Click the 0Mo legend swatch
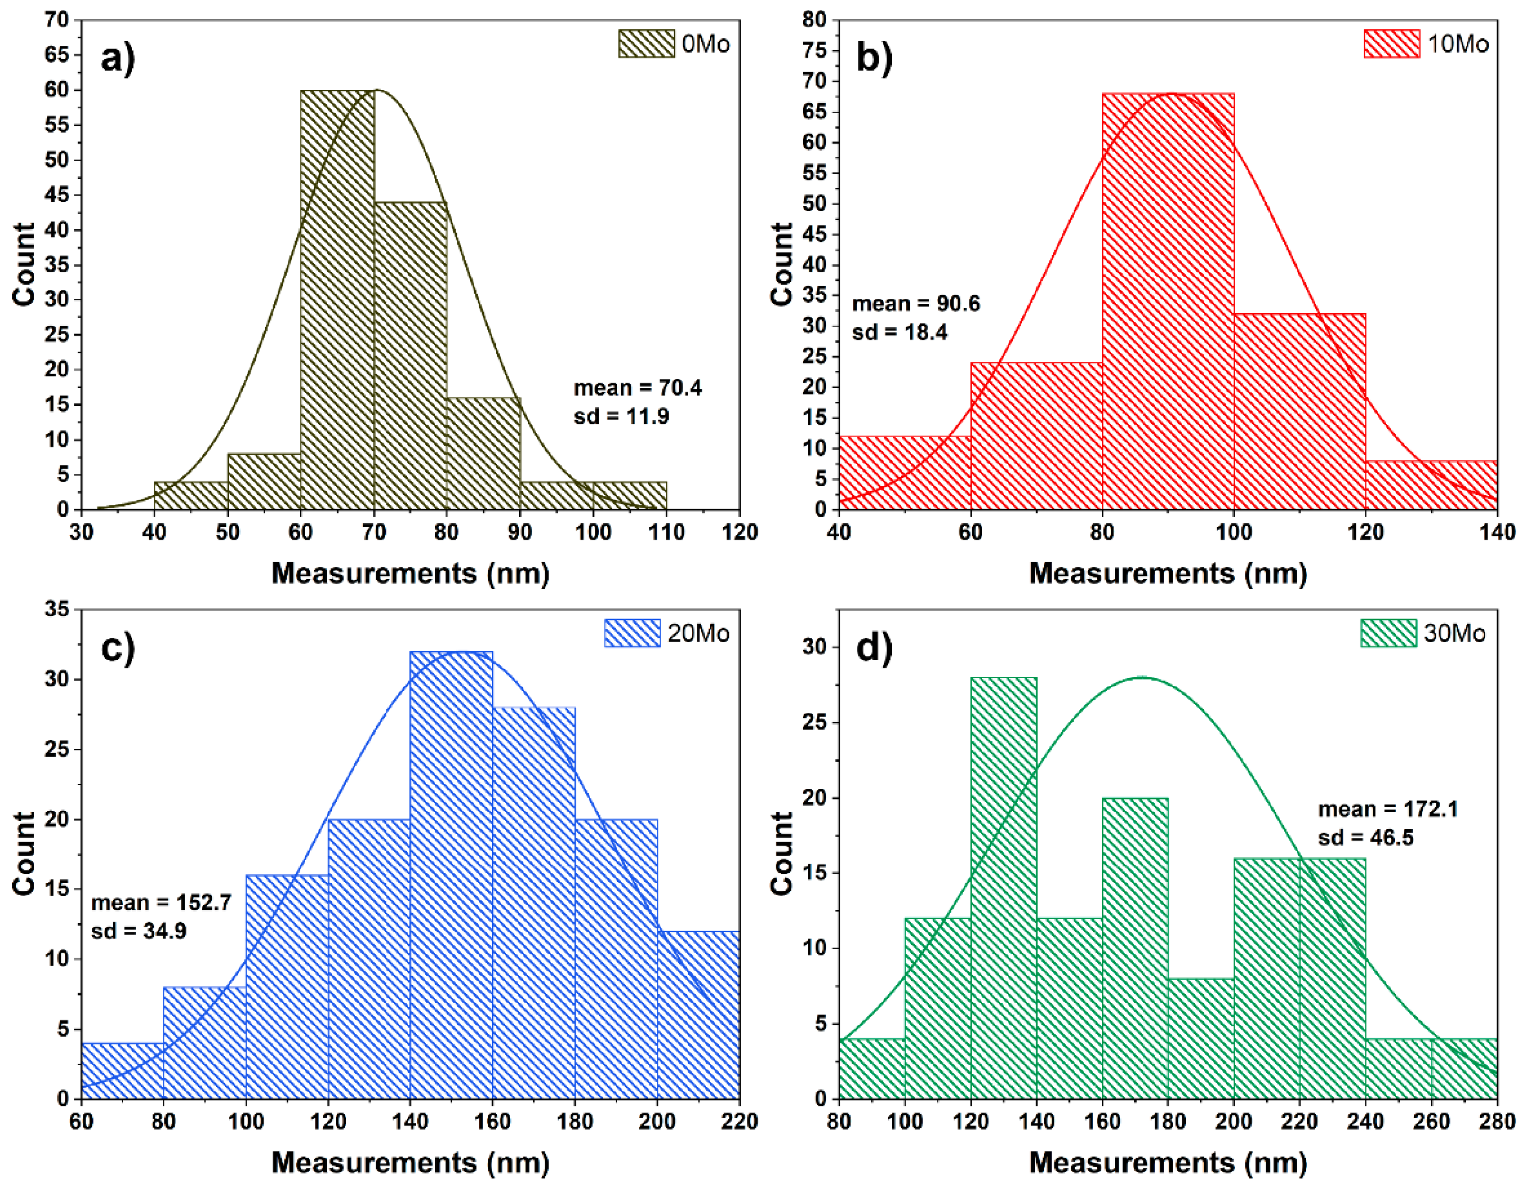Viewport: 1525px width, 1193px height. coord(646,43)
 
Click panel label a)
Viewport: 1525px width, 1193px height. coord(117,58)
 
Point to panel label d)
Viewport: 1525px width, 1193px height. coord(874,647)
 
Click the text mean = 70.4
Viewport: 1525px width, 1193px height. coord(638,388)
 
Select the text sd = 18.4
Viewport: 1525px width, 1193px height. coord(900,332)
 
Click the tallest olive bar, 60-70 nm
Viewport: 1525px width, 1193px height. coord(337,300)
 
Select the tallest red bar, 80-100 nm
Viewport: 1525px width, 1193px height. coord(1168,300)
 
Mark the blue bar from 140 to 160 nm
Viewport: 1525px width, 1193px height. coord(451,873)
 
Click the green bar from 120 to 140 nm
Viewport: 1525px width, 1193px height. coord(1004,887)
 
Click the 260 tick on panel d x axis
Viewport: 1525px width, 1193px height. coord(1431,1122)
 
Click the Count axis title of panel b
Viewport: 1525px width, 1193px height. coord(782,265)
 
